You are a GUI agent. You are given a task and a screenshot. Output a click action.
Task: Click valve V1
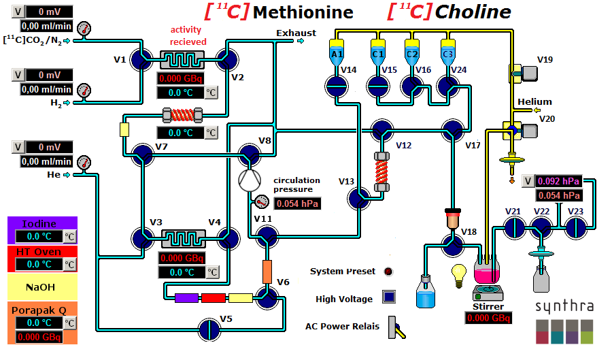pos(143,59)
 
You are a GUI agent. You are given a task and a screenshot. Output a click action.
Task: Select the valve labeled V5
pos(210,327)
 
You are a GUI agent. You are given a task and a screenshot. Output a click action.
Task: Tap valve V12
pos(381,131)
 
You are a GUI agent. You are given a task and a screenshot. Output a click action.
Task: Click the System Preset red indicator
pos(388,272)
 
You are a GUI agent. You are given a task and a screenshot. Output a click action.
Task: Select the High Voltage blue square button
pos(389,297)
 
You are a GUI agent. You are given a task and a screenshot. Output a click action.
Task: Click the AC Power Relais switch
pos(395,327)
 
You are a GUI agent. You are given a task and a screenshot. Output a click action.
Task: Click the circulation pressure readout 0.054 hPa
pos(296,203)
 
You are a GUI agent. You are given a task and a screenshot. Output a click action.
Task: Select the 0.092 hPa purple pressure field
pos(558,181)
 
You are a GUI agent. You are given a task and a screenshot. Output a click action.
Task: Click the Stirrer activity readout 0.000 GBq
pos(488,318)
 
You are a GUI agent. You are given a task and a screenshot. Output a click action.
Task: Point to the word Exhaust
pos(296,33)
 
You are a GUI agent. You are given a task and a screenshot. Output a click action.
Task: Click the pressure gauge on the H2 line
pos(84,91)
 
